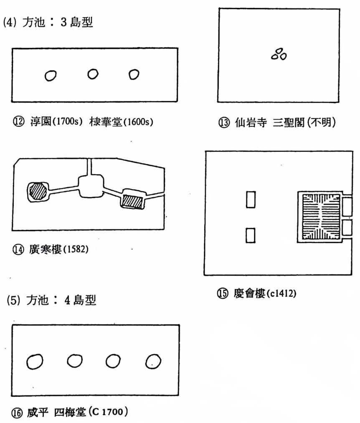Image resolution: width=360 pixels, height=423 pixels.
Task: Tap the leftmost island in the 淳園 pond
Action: pos(51,76)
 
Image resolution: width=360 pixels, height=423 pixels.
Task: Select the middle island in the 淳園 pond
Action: pos(93,73)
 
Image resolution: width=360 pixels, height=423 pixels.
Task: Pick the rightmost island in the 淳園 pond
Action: pos(134,74)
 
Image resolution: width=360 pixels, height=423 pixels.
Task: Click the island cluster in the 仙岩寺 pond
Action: pos(279,54)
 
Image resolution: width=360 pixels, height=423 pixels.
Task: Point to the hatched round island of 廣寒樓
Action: pos(38,191)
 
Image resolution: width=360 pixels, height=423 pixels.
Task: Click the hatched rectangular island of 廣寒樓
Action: pos(132,201)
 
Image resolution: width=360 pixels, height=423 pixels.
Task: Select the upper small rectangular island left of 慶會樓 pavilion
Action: pos(251,199)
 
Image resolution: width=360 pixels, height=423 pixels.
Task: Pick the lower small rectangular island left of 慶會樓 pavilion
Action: pos(251,235)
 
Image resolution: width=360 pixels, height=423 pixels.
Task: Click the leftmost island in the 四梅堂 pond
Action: pos(35,361)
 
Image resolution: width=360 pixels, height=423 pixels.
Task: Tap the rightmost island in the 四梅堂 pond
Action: pos(153,361)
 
